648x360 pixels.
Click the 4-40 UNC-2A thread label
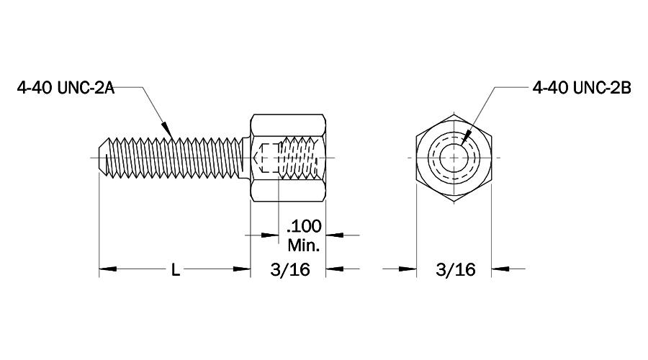(66, 88)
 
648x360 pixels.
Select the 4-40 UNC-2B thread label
(581, 88)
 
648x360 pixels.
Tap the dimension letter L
(175, 270)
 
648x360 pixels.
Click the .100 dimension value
(305, 227)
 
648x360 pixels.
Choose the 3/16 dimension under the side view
(288, 270)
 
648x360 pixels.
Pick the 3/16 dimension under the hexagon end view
(455, 270)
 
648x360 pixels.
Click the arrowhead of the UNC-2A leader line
(168, 130)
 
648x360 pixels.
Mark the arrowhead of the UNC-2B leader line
(467, 136)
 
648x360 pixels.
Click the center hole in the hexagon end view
(454, 156)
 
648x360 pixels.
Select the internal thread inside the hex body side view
(299, 156)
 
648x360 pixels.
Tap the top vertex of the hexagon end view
(454, 113)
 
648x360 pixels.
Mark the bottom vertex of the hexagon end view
(454, 200)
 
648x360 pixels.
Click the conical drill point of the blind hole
(261, 156)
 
